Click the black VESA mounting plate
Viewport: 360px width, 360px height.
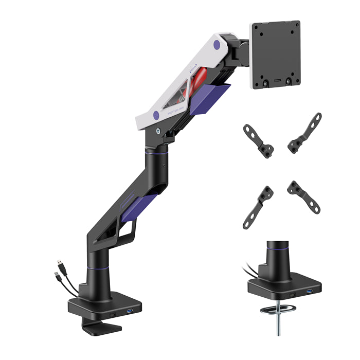pyautogui.click(x=276, y=55)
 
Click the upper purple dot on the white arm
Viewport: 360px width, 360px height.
pyautogui.click(x=216, y=45)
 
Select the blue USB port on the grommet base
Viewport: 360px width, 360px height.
pyautogui.click(x=310, y=293)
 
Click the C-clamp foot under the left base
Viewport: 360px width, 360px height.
pyautogui.click(x=102, y=327)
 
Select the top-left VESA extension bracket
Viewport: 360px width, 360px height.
pyautogui.click(x=258, y=139)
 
